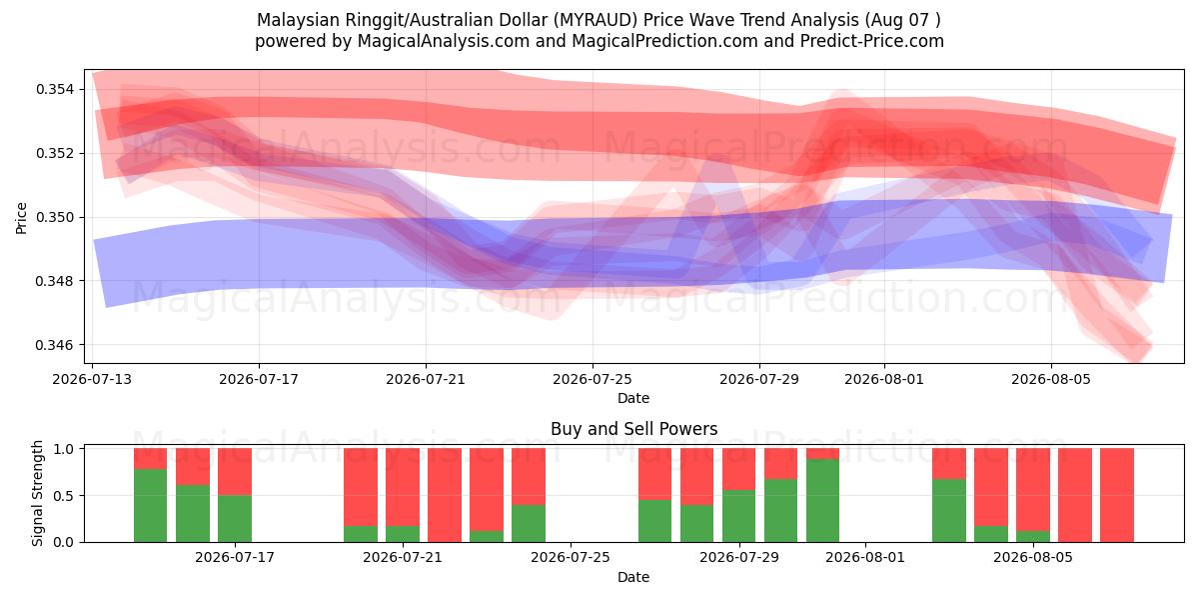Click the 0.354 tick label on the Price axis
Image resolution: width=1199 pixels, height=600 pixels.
[56, 89]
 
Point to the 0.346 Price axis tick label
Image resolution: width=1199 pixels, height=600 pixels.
[56, 345]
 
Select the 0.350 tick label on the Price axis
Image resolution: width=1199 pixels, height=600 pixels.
[56, 218]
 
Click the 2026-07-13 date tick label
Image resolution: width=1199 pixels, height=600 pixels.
[92, 379]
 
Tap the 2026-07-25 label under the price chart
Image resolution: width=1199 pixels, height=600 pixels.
[593, 379]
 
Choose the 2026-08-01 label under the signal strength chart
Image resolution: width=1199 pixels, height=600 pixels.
[865, 558]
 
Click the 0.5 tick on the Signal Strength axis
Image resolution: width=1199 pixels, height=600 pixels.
[65, 496]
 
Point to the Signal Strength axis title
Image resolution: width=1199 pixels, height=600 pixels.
[37, 493]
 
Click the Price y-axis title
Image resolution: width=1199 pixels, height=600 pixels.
[21, 218]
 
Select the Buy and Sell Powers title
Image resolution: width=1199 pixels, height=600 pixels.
[633, 429]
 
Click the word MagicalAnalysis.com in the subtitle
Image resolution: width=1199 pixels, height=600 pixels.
[444, 41]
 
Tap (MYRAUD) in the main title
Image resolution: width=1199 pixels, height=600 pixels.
[596, 20]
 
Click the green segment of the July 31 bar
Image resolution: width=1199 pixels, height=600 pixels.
[822, 500]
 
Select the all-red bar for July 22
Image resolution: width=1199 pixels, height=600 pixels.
[445, 495]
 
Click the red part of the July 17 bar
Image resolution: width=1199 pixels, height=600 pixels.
[235, 471]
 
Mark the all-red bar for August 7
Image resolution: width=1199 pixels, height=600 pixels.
[1117, 495]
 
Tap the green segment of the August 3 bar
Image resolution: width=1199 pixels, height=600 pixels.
[949, 511]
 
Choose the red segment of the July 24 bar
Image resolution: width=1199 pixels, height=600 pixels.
[529, 476]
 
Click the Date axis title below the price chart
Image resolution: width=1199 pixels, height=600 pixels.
[633, 398]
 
